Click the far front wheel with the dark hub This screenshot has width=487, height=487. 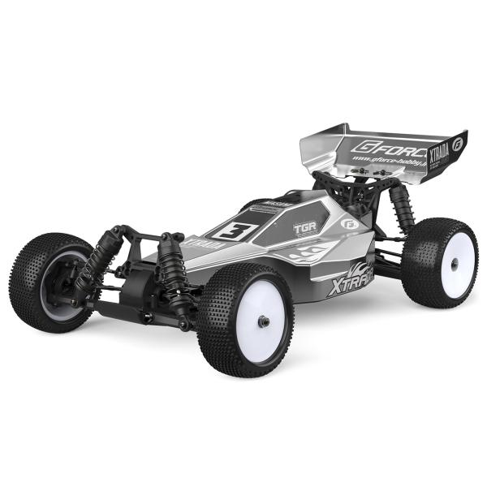[53, 280]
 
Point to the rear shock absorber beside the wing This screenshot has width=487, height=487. [400, 206]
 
